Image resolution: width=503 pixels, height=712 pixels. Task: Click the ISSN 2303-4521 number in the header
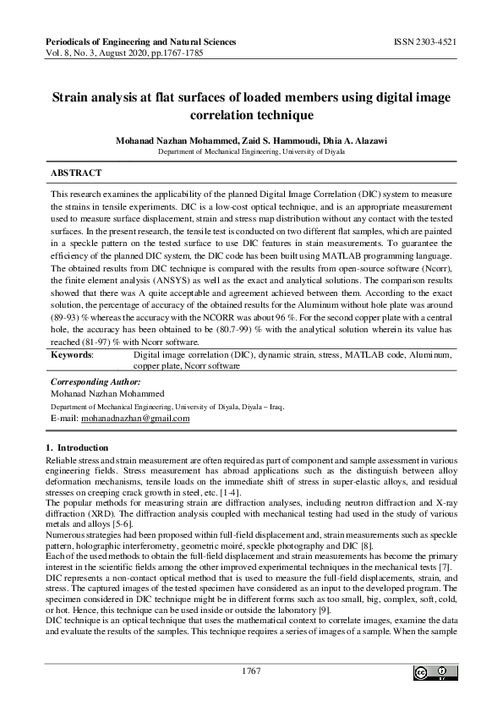click(425, 41)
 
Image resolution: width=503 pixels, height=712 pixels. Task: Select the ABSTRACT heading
click(76, 173)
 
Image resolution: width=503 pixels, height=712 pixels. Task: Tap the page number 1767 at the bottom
click(251, 671)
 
